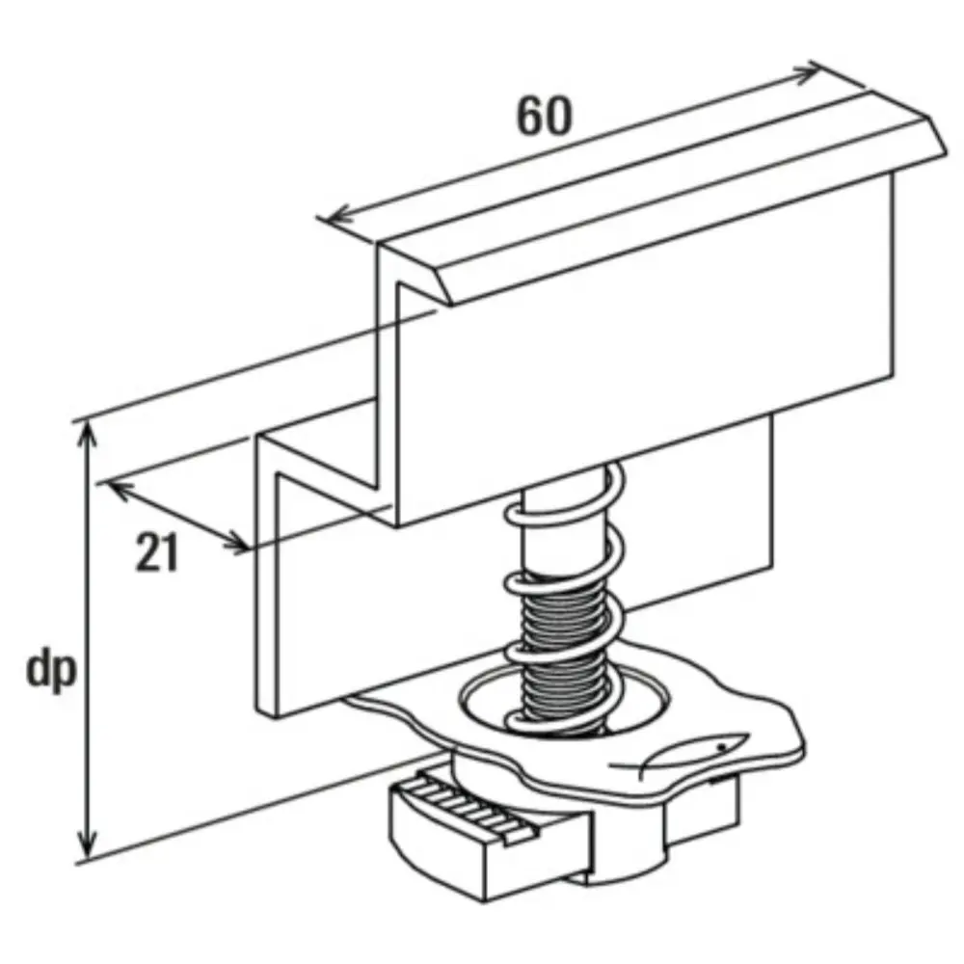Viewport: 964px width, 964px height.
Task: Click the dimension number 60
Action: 544,117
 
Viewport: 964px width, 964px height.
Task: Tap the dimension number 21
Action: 157,552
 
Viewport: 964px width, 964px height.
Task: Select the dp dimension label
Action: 51,671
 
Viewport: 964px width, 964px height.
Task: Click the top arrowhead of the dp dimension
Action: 89,436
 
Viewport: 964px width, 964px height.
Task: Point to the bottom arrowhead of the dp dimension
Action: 89,844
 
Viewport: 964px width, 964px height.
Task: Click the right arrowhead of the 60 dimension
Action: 810,74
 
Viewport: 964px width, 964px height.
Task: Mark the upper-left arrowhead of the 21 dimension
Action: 120,490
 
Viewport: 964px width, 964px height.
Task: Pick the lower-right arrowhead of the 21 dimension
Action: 237,542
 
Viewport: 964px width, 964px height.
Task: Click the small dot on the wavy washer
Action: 723,747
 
